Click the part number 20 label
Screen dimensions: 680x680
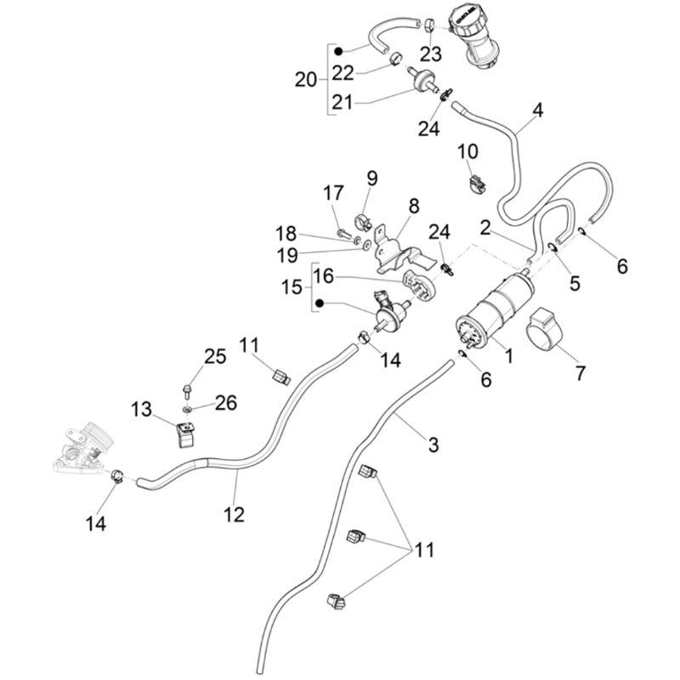point(306,81)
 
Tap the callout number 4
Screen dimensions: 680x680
point(537,111)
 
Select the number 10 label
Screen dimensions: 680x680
point(467,152)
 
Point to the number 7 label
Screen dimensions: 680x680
point(581,372)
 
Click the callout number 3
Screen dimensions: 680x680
point(433,444)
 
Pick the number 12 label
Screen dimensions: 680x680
point(234,514)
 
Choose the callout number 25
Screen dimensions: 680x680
point(215,356)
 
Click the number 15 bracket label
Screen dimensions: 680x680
point(292,288)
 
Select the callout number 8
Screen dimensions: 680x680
point(414,207)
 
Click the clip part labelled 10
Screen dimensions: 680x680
point(476,181)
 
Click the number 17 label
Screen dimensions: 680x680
point(331,194)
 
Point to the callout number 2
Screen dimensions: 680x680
point(485,228)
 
